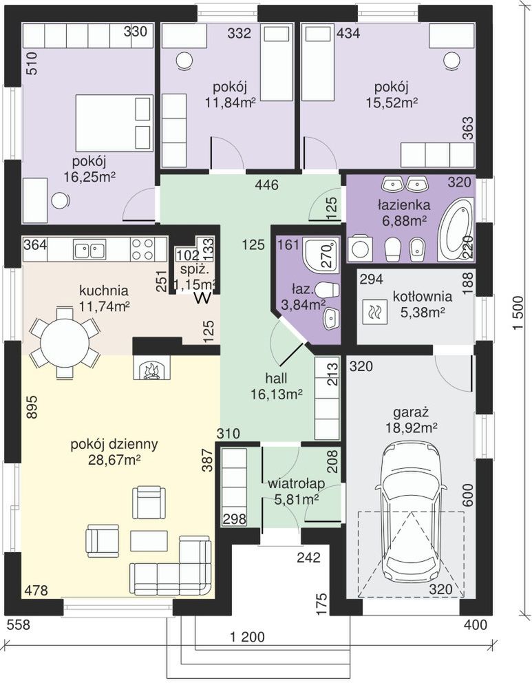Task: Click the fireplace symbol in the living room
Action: click(x=151, y=368)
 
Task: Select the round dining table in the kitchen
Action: click(x=64, y=342)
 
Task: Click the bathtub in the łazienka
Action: click(x=456, y=229)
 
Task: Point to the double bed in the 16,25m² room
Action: click(x=114, y=123)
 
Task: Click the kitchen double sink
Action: click(x=89, y=250)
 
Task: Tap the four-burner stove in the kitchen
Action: click(x=142, y=249)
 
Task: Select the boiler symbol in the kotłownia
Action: click(x=375, y=313)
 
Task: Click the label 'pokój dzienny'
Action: click(x=114, y=444)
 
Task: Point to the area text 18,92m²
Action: click(x=412, y=428)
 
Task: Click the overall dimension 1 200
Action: click(x=247, y=637)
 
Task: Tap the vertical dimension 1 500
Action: click(x=518, y=314)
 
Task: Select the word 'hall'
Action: click(x=276, y=377)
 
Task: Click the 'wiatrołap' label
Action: click(x=296, y=483)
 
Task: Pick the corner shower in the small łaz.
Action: click(x=321, y=255)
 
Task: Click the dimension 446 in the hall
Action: click(x=266, y=185)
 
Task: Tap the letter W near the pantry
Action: click(x=204, y=298)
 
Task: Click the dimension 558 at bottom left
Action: click(x=19, y=624)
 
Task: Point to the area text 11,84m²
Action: click(x=230, y=102)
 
